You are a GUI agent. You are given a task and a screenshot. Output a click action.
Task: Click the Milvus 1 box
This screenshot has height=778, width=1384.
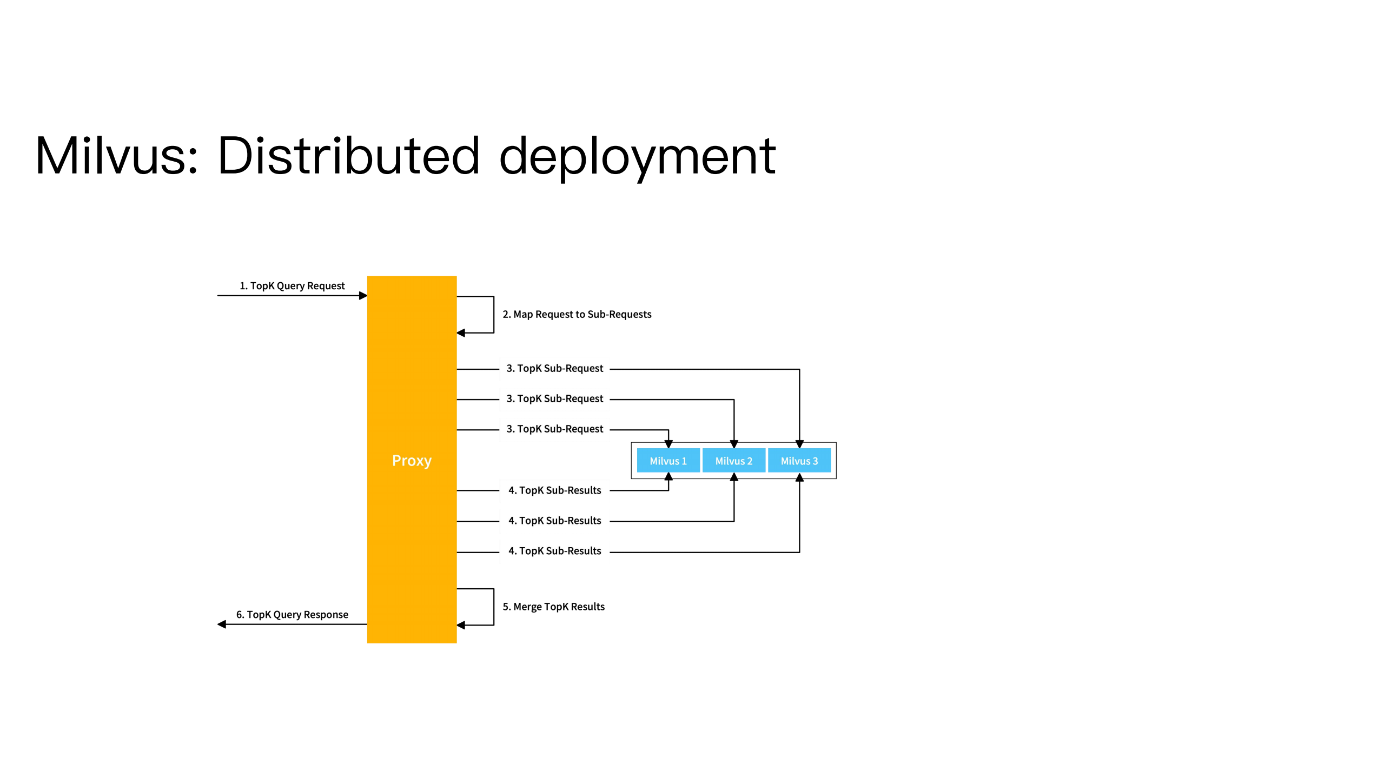coord(668,461)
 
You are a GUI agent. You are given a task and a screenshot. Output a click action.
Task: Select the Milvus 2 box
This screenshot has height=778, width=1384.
coord(733,461)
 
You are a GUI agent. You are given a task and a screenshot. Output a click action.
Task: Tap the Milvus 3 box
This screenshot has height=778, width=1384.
coord(799,461)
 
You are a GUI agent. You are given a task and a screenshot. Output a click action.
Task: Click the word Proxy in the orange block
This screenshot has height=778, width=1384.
coord(412,461)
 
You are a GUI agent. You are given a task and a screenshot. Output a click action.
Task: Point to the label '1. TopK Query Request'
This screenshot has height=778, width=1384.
coord(292,285)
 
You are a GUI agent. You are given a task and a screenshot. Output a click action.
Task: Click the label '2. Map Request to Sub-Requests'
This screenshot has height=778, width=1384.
coord(577,314)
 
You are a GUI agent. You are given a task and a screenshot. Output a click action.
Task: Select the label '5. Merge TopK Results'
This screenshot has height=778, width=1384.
coord(553,607)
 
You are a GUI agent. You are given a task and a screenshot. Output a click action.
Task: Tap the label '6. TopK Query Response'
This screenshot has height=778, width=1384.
coord(292,614)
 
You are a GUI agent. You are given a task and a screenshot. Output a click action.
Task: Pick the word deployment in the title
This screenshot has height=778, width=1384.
coord(637,157)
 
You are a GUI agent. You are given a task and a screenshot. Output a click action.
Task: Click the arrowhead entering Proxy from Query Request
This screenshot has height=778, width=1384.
coord(363,296)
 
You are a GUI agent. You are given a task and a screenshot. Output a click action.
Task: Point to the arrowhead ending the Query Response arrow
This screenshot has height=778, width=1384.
coord(222,624)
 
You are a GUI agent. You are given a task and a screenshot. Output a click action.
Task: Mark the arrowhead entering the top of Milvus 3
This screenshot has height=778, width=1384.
coord(799,444)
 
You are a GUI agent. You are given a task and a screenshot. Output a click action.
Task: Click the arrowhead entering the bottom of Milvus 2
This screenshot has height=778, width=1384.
coord(734,477)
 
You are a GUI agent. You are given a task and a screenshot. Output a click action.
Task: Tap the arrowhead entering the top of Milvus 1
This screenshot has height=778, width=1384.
coord(668,444)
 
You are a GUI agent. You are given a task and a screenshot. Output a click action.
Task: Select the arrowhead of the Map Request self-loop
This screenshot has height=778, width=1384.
coord(461,333)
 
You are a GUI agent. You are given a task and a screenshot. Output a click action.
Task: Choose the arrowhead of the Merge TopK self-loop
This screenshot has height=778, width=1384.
coord(461,626)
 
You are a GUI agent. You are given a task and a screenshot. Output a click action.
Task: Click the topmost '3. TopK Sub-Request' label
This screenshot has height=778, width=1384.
coord(554,368)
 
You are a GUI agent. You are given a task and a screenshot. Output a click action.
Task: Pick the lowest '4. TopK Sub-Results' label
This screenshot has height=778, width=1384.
coord(554,551)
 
